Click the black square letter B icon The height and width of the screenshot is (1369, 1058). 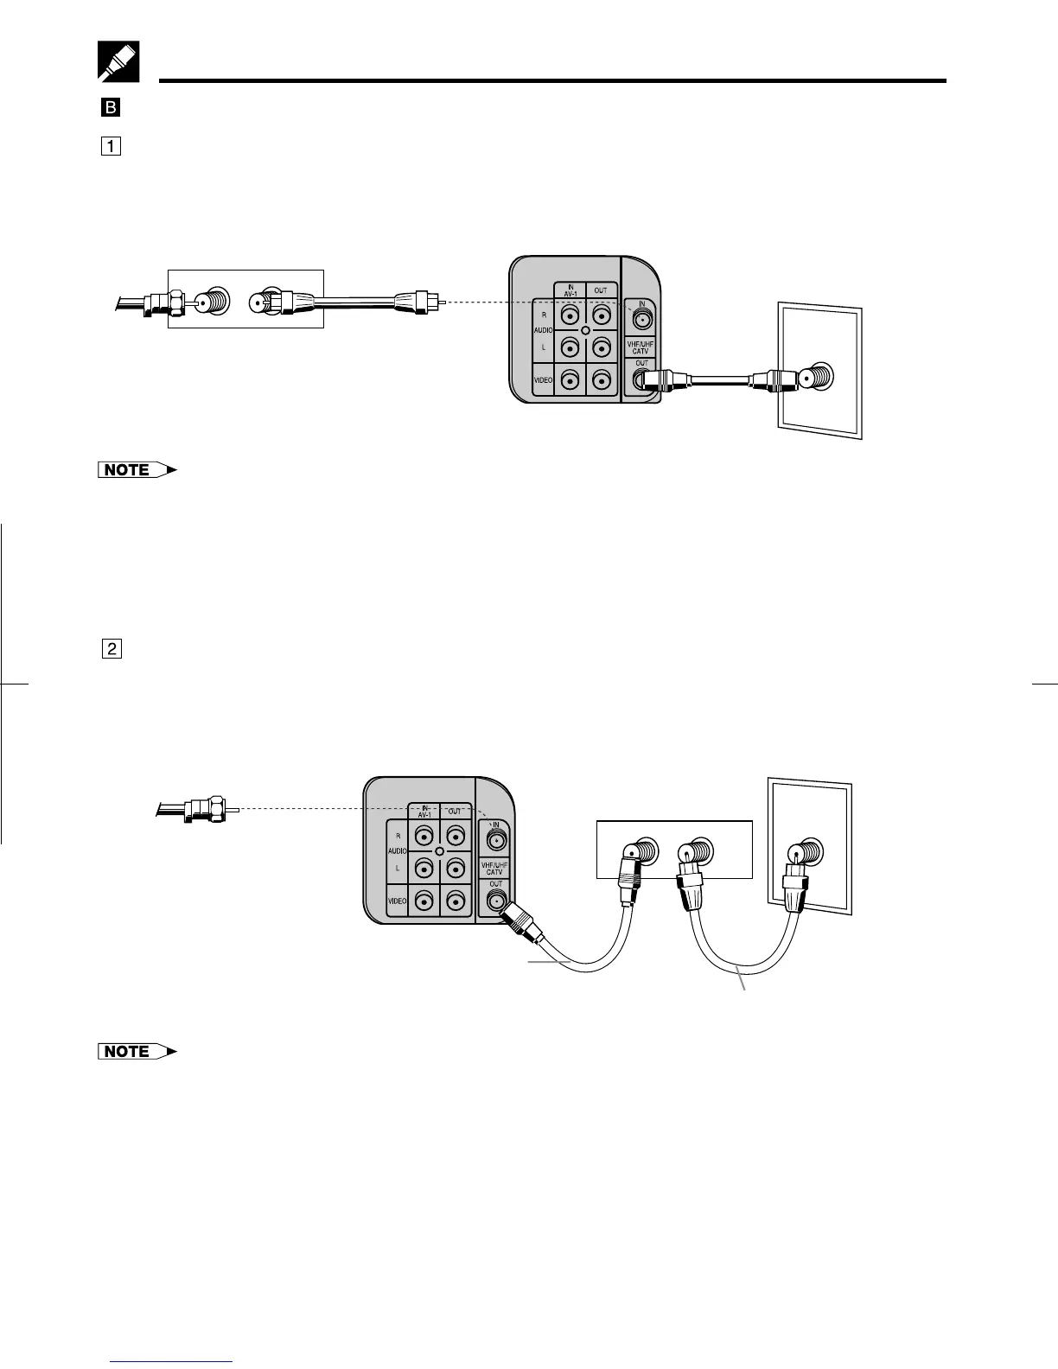[110, 108]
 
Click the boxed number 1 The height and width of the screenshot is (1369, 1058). [110, 146]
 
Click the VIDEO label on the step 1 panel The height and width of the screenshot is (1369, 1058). [543, 380]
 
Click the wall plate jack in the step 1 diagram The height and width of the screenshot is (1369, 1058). [815, 377]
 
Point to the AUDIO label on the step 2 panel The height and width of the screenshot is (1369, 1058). [397, 850]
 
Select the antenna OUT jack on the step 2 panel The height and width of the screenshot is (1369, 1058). [495, 902]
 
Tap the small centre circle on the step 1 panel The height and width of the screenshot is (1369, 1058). [585, 331]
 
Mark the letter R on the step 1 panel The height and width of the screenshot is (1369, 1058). [544, 315]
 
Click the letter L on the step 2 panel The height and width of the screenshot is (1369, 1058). [398, 867]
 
